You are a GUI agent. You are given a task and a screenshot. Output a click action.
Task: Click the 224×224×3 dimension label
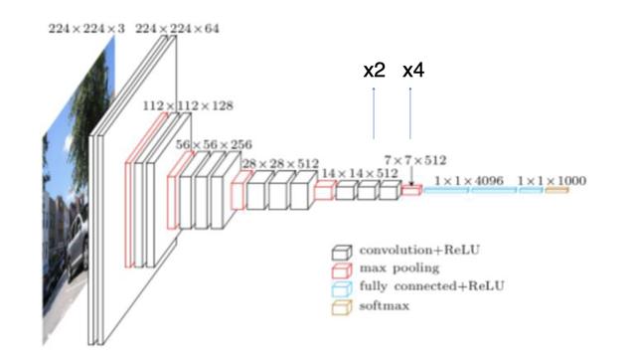coord(86,29)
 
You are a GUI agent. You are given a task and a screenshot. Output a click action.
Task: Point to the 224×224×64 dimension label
coord(177,29)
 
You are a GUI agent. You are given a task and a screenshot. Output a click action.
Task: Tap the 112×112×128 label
coord(188,106)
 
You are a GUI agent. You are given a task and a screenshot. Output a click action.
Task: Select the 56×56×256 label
coord(214,144)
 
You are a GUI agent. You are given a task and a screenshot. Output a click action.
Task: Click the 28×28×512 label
coord(280,164)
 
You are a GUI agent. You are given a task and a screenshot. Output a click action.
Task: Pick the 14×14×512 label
coord(360,173)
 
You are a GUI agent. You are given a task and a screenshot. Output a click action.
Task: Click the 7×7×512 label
coord(415,160)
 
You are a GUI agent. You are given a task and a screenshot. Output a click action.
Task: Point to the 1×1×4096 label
coord(469,181)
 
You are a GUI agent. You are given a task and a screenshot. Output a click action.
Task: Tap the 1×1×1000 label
coord(552,181)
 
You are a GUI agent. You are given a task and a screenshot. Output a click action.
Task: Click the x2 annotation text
coord(374,71)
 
